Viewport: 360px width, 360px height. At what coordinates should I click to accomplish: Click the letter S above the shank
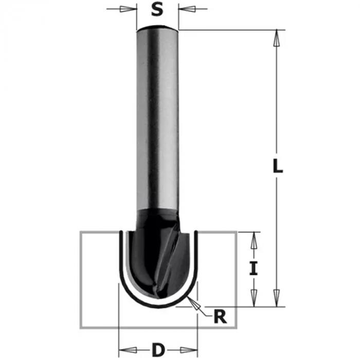pos(158,10)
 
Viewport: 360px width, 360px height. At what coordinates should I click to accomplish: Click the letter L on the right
pos(278,166)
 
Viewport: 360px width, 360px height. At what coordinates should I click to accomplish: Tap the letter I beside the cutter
pos(253,268)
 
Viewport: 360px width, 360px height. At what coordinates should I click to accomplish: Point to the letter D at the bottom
pos(158,351)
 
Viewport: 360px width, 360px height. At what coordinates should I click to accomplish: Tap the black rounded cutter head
pos(149,262)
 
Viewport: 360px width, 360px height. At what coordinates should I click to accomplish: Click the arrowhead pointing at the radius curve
pos(194,303)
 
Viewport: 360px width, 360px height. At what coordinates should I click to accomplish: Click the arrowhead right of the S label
pos(187,9)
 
